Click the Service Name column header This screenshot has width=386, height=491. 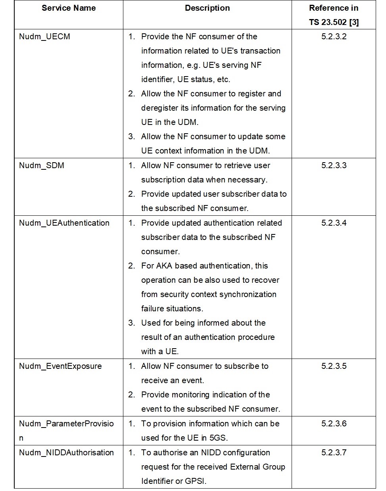[x=69, y=8]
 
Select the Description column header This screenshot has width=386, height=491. [x=207, y=8]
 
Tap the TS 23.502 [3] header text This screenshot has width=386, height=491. [x=334, y=22]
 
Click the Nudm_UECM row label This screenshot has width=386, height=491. [x=44, y=36]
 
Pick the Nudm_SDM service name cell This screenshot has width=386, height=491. [x=41, y=165]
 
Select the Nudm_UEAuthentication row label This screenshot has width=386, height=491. [x=64, y=223]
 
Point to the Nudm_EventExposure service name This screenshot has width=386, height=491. [x=60, y=366]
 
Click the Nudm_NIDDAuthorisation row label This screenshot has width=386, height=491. [x=66, y=453]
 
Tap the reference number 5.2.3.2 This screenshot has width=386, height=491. [x=334, y=36]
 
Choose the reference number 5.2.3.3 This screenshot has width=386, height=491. [x=334, y=165]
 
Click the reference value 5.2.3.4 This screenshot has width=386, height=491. [x=334, y=223]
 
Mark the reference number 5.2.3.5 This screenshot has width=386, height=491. [x=334, y=366]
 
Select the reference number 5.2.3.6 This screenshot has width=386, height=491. [x=334, y=424]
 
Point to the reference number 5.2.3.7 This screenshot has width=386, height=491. [x=334, y=453]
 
